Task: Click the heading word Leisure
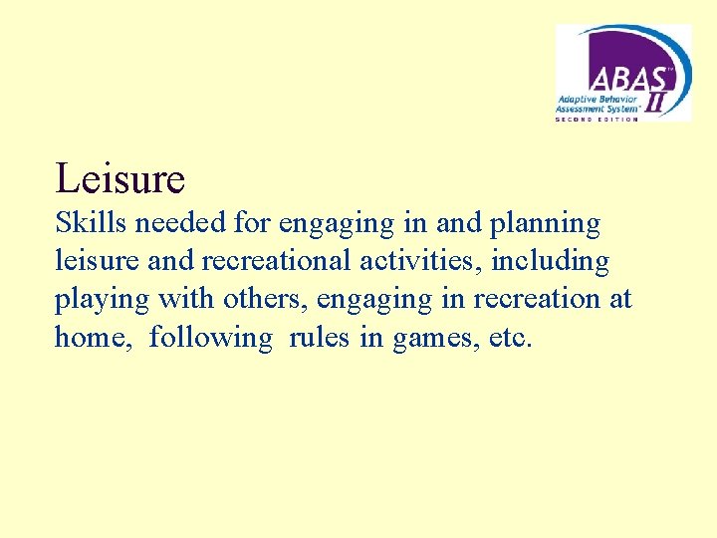120,178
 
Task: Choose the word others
265,300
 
